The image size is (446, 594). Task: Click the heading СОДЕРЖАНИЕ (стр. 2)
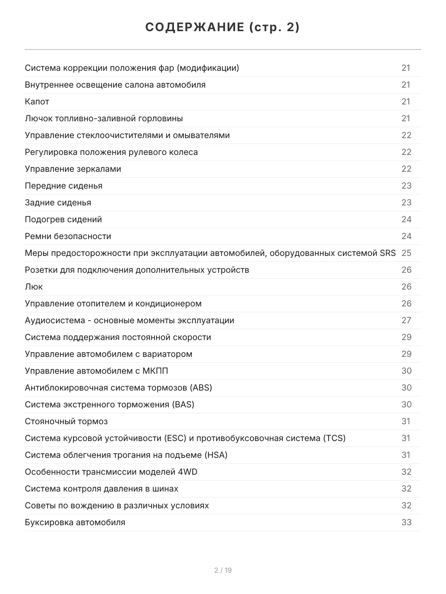(223, 28)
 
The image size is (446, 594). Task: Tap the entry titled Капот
(37, 101)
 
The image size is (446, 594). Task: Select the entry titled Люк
(34, 287)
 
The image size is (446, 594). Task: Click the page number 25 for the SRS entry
(406, 253)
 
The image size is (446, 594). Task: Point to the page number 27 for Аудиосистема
(406, 320)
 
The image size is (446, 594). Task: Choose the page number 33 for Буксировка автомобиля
(406, 522)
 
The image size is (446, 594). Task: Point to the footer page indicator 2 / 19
(223, 570)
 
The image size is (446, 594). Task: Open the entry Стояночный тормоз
(66, 421)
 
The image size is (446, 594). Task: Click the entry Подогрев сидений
(63, 219)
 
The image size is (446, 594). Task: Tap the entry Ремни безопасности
(68, 236)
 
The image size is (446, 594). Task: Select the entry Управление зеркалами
(73, 169)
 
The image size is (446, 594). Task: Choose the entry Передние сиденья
(63, 186)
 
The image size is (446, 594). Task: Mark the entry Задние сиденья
(58, 202)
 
